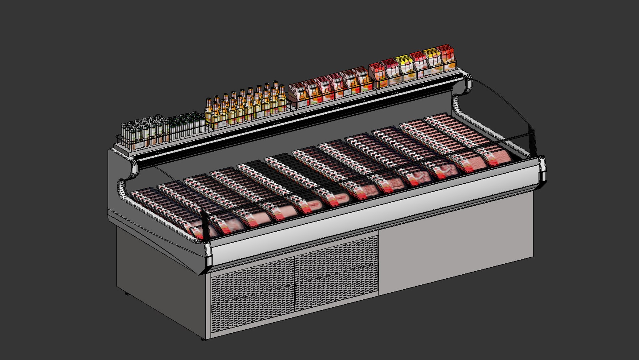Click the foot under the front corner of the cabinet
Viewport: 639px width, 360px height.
click(x=204, y=339)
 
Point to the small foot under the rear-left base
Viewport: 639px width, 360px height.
click(x=126, y=294)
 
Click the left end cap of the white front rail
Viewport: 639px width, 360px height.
click(x=208, y=255)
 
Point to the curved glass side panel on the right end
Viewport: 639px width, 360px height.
click(x=500, y=113)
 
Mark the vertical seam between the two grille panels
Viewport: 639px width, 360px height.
click(x=295, y=283)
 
